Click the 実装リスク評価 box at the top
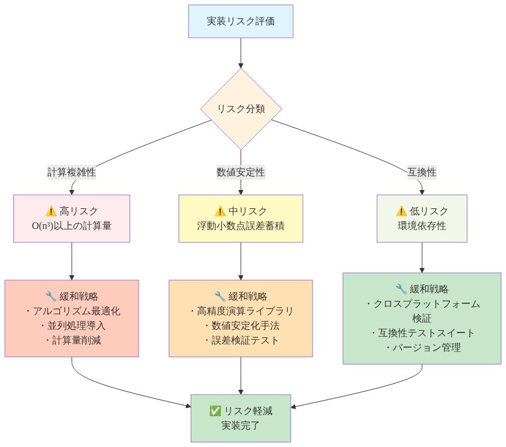click(x=241, y=21)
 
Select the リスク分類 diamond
click(x=241, y=110)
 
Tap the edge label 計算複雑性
click(x=72, y=172)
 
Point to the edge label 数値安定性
click(x=241, y=172)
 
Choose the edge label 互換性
click(x=421, y=172)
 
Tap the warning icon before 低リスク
click(x=401, y=211)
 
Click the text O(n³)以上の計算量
click(x=72, y=226)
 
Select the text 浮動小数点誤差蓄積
click(x=241, y=226)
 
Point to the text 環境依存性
click(x=421, y=226)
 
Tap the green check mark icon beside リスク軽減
click(x=214, y=411)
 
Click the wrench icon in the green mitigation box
click(x=401, y=289)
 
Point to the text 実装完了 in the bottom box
click(x=241, y=426)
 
